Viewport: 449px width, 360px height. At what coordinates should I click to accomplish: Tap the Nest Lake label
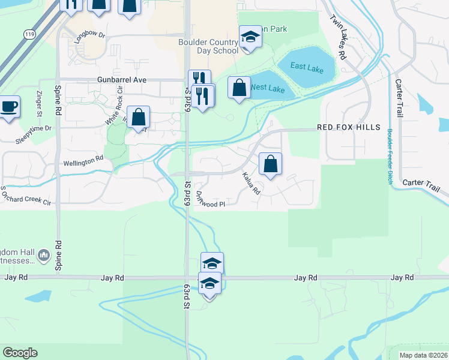click(267, 88)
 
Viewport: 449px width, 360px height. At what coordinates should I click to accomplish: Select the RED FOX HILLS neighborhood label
click(349, 127)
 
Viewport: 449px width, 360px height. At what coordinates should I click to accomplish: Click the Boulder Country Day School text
click(208, 46)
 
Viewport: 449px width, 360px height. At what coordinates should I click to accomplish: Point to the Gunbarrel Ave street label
click(122, 79)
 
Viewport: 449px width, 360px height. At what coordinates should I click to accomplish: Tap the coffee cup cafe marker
click(8, 107)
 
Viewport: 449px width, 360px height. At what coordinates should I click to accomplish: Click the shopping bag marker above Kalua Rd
click(270, 163)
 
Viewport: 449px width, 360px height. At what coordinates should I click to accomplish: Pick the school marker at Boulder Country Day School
click(250, 37)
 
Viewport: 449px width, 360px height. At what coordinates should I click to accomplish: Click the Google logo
click(20, 353)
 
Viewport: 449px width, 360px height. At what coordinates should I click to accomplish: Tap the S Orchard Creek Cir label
click(25, 196)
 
